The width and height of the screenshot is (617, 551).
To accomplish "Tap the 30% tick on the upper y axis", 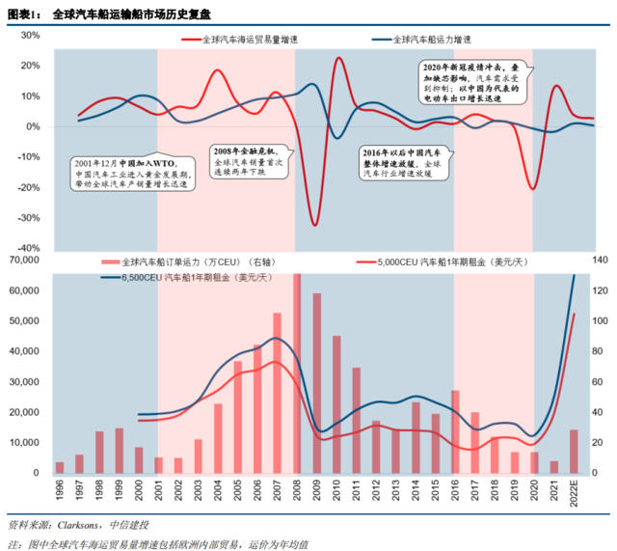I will (x=29, y=35).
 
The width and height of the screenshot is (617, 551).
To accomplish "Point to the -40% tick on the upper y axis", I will (x=27, y=248).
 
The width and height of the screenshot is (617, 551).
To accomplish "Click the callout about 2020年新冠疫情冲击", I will (x=471, y=85).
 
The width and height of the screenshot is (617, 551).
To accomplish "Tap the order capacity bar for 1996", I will (x=60, y=467).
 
